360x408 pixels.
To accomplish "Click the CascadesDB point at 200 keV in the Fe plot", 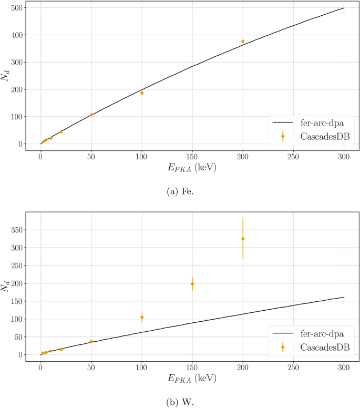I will [243, 41].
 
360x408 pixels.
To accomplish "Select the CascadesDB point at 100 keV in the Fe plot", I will [142, 93].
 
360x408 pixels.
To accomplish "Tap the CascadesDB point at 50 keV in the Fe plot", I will [91, 115].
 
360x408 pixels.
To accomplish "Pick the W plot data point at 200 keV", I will [243, 239].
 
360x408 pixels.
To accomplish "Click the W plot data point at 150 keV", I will [192, 284].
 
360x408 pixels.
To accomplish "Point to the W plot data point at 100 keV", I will [142, 317].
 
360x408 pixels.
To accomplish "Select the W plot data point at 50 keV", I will [91, 341].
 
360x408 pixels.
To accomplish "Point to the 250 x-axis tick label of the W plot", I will [293, 368].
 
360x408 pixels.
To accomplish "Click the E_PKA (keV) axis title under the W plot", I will [192, 379].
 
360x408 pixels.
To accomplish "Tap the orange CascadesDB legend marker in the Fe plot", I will [283, 136].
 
